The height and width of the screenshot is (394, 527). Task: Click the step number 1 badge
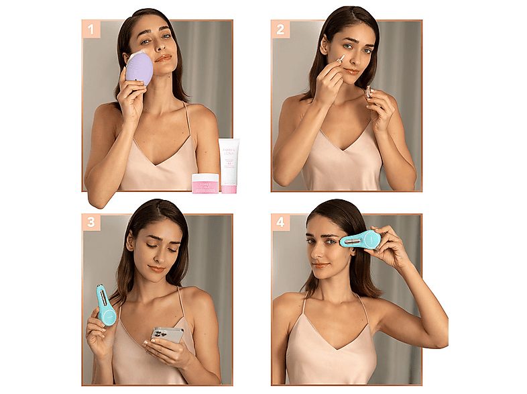(92, 30)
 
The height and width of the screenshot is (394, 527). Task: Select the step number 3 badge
(92, 223)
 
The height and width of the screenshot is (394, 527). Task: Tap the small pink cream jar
(206, 183)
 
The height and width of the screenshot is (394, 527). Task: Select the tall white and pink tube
(229, 165)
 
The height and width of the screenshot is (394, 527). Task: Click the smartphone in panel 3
(166, 334)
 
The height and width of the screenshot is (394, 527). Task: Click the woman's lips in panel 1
(163, 58)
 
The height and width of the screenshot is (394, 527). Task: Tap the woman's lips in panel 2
(351, 70)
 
